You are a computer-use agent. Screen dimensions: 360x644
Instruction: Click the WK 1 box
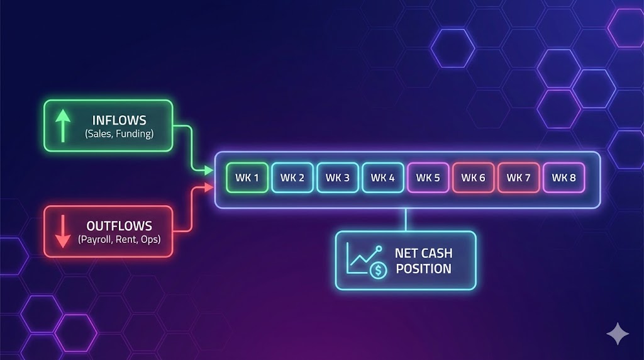click(247, 177)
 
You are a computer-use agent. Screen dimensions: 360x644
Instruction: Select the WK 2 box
click(292, 177)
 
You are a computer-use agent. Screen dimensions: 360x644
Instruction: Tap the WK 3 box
click(338, 177)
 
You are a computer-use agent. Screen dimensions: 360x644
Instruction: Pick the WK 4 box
click(383, 177)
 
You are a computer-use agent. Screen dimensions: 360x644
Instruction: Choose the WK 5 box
click(428, 177)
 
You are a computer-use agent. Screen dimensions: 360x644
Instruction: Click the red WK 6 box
click(474, 177)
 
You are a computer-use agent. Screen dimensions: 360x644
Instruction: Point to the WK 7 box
click(519, 177)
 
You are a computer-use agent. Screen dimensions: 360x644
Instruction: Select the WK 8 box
click(564, 177)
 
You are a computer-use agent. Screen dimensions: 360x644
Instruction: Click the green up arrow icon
click(62, 126)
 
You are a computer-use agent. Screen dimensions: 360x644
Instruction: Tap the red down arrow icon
click(62, 232)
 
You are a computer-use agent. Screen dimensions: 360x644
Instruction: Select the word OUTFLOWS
click(119, 226)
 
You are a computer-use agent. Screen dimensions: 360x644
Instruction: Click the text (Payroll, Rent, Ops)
click(119, 239)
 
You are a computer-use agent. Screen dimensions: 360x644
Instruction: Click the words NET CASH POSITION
click(423, 261)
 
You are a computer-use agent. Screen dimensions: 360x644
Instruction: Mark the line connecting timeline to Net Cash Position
click(406, 220)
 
